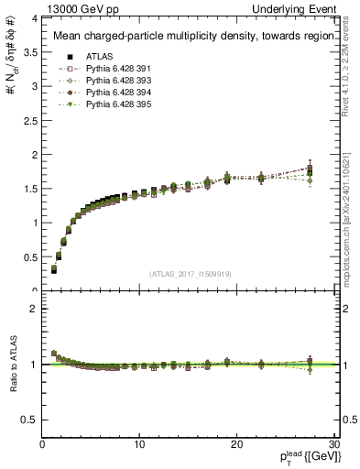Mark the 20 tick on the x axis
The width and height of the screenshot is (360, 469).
(x=235, y=443)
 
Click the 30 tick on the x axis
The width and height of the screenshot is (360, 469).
(x=333, y=443)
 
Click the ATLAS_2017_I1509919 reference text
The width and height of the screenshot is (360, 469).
(x=190, y=273)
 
